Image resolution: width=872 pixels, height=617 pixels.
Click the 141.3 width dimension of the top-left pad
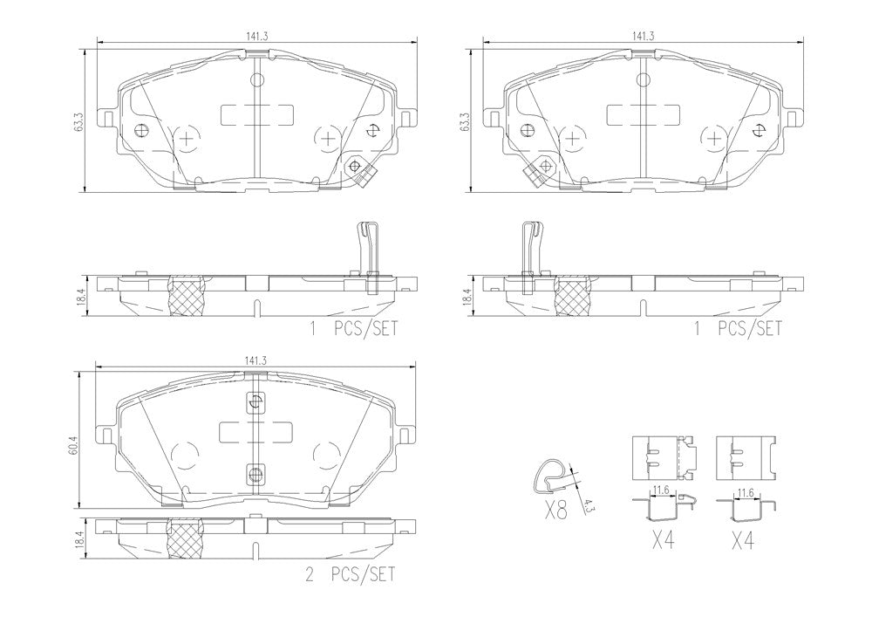pyautogui.click(x=257, y=36)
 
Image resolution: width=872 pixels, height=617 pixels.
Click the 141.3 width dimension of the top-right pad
pyautogui.click(x=643, y=36)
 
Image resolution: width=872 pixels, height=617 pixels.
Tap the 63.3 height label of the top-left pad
pyautogui.click(x=78, y=122)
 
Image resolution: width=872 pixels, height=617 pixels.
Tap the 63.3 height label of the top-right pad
pyautogui.click(x=465, y=122)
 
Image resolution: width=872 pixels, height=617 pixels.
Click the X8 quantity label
pyautogui.click(x=555, y=510)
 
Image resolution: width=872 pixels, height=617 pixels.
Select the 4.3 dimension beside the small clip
pyautogui.click(x=586, y=505)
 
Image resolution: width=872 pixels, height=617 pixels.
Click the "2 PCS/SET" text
pyautogui.click(x=351, y=573)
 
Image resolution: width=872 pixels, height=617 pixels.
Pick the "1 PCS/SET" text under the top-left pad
pyautogui.click(x=354, y=328)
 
